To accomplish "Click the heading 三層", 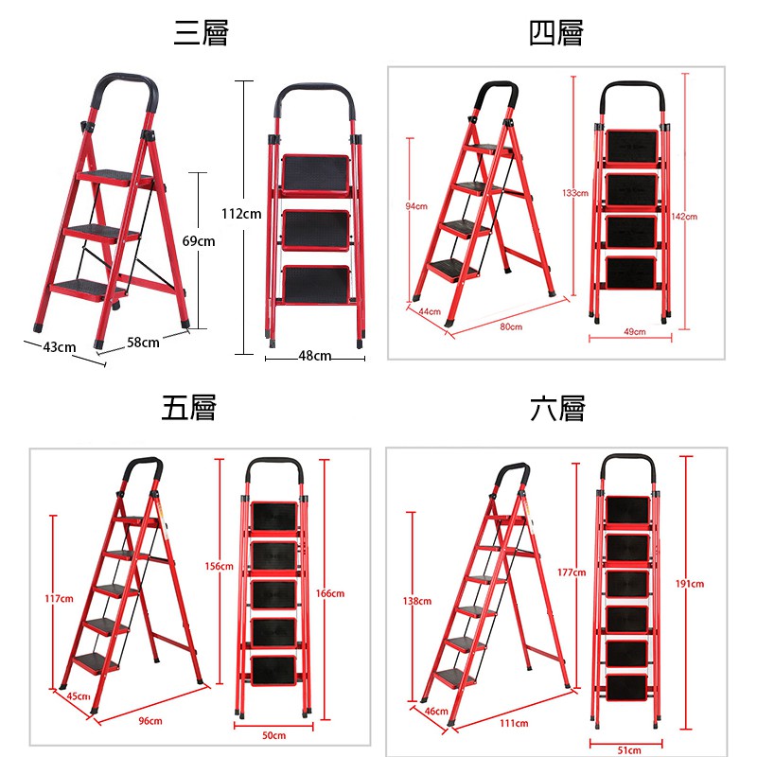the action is (201, 33).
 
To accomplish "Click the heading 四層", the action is (556, 33).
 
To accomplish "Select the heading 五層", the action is (188, 408).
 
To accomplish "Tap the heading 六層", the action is (557, 409).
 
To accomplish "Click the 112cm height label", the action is (241, 214).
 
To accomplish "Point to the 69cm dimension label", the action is (199, 241).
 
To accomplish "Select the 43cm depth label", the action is (60, 347).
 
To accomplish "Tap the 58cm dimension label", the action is (143, 343).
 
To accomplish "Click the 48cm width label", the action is (315, 356).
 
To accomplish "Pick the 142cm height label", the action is (684, 217).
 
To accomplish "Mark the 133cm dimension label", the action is (575, 193).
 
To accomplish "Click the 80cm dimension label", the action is (511, 326).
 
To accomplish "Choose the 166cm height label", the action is (330, 593).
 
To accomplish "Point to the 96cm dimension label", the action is (150, 721).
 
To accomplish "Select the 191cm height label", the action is (690, 584).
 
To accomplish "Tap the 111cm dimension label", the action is (514, 723).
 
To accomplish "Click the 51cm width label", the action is (629, 750).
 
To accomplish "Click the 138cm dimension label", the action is (417, 601).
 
